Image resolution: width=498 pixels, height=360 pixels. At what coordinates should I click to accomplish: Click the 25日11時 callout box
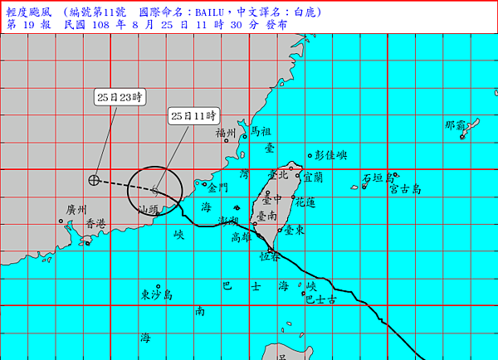click(193, 115)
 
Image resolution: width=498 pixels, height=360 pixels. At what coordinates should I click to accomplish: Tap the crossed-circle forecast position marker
click(94, 179)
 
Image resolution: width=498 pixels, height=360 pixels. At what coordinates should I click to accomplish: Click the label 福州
click(226, 133)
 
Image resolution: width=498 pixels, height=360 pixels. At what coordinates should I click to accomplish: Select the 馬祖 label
click(261, 131)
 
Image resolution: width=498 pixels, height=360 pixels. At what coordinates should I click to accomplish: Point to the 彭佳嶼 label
click(330, 155)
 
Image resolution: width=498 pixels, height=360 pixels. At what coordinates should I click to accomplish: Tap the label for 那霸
click(455, 125)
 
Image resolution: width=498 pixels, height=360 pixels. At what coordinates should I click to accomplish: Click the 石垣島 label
click(378, 178)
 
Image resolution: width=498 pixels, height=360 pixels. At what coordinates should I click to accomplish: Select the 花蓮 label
click(305, 202)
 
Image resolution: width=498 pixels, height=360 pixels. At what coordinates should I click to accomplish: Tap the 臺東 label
click(293, 229)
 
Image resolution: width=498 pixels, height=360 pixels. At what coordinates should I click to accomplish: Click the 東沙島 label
click(156, 294)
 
